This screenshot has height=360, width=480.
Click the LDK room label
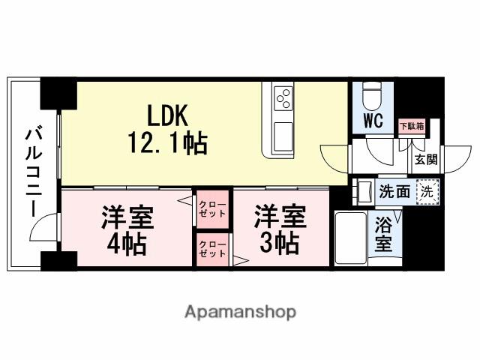[171, 115]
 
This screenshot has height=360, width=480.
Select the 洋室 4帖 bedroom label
[127, 230]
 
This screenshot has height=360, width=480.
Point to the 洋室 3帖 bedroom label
[279, 230]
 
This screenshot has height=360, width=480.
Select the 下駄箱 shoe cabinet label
[410, 126]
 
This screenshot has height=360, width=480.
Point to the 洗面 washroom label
[394, 191]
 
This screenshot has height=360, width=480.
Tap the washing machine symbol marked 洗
[426, 191]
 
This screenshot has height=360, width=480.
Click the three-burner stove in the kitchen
[283, 97]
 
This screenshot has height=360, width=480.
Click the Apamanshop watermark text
[240, 311]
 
